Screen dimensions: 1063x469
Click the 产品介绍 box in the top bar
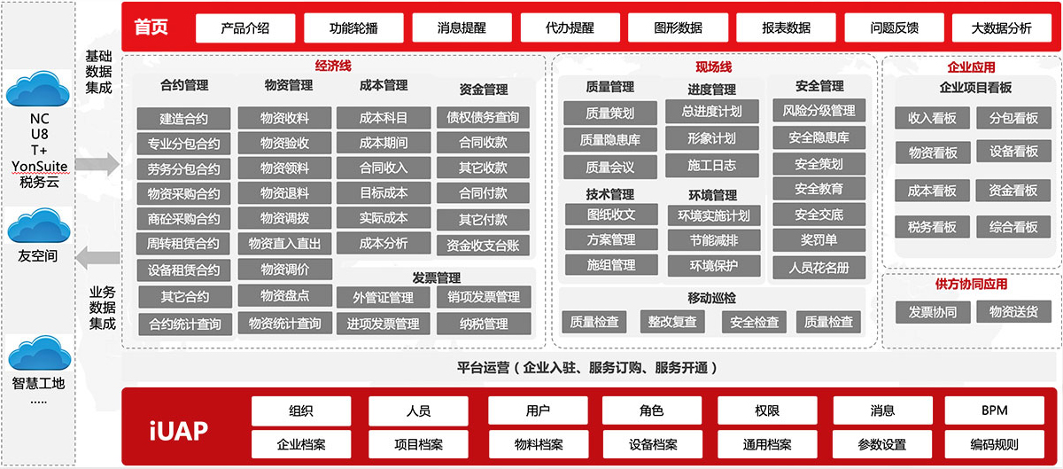point(245,28)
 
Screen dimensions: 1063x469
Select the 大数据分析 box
point(1001,28)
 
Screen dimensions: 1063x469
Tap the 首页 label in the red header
point(151,27)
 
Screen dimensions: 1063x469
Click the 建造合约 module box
point(183,118)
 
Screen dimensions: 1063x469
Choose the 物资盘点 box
point(284,296)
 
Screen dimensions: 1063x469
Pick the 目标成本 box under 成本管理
point(384,193)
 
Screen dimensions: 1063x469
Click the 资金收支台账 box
point(483,246)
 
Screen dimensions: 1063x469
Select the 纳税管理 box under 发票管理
point(484,324)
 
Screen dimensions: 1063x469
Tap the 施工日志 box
point(712,166)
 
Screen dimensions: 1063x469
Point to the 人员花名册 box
point(819,268)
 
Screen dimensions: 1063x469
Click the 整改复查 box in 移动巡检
point(672,322)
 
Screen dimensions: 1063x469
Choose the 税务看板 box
point(932,227)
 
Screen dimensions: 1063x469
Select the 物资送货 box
point(1013,312)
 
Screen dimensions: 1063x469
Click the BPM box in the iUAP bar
point(994,410)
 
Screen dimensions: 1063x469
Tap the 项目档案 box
point(418,444)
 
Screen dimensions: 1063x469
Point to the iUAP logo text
point(178,431)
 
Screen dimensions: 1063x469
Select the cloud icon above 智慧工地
point(40,353)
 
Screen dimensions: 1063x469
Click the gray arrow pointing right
point(97,164)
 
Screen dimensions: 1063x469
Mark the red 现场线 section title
point(713,67)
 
